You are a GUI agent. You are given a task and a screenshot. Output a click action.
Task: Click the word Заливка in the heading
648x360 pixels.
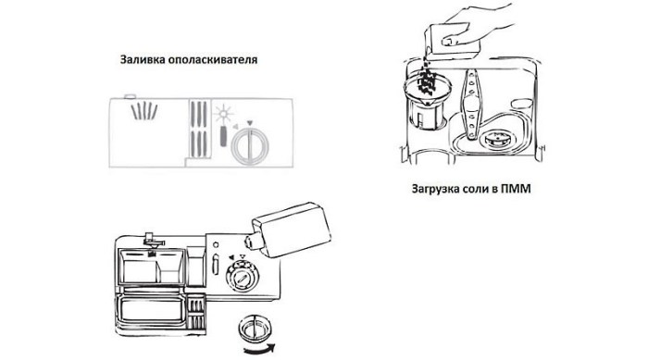click(x=143, y=59)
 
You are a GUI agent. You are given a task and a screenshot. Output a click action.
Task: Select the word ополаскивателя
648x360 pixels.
click(x=213, y=60)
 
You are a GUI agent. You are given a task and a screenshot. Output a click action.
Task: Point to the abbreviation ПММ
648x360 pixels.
click(x=516, y=189)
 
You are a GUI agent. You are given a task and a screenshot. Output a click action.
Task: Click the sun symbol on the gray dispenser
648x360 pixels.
click(x=223, y=114)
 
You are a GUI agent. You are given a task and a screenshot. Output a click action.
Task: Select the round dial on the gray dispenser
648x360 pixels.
click(x=250, y=146)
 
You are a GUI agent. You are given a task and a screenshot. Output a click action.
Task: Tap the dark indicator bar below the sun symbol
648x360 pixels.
click(x=223, y=136)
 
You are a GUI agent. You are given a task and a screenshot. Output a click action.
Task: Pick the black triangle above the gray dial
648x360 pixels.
click(x=249, y=123)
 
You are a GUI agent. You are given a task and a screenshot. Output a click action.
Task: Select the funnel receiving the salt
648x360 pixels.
click(x=427, y=89)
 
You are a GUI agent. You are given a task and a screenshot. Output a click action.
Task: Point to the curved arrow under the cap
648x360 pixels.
click(x=259, y=349)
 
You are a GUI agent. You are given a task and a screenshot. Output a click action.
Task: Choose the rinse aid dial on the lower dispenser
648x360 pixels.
click(x=243, y=276)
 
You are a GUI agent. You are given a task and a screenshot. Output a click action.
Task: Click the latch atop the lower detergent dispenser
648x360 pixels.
click(x=153, y=241)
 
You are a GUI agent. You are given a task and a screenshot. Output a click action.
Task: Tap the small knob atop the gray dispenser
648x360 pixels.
click(x=130, y=97)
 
